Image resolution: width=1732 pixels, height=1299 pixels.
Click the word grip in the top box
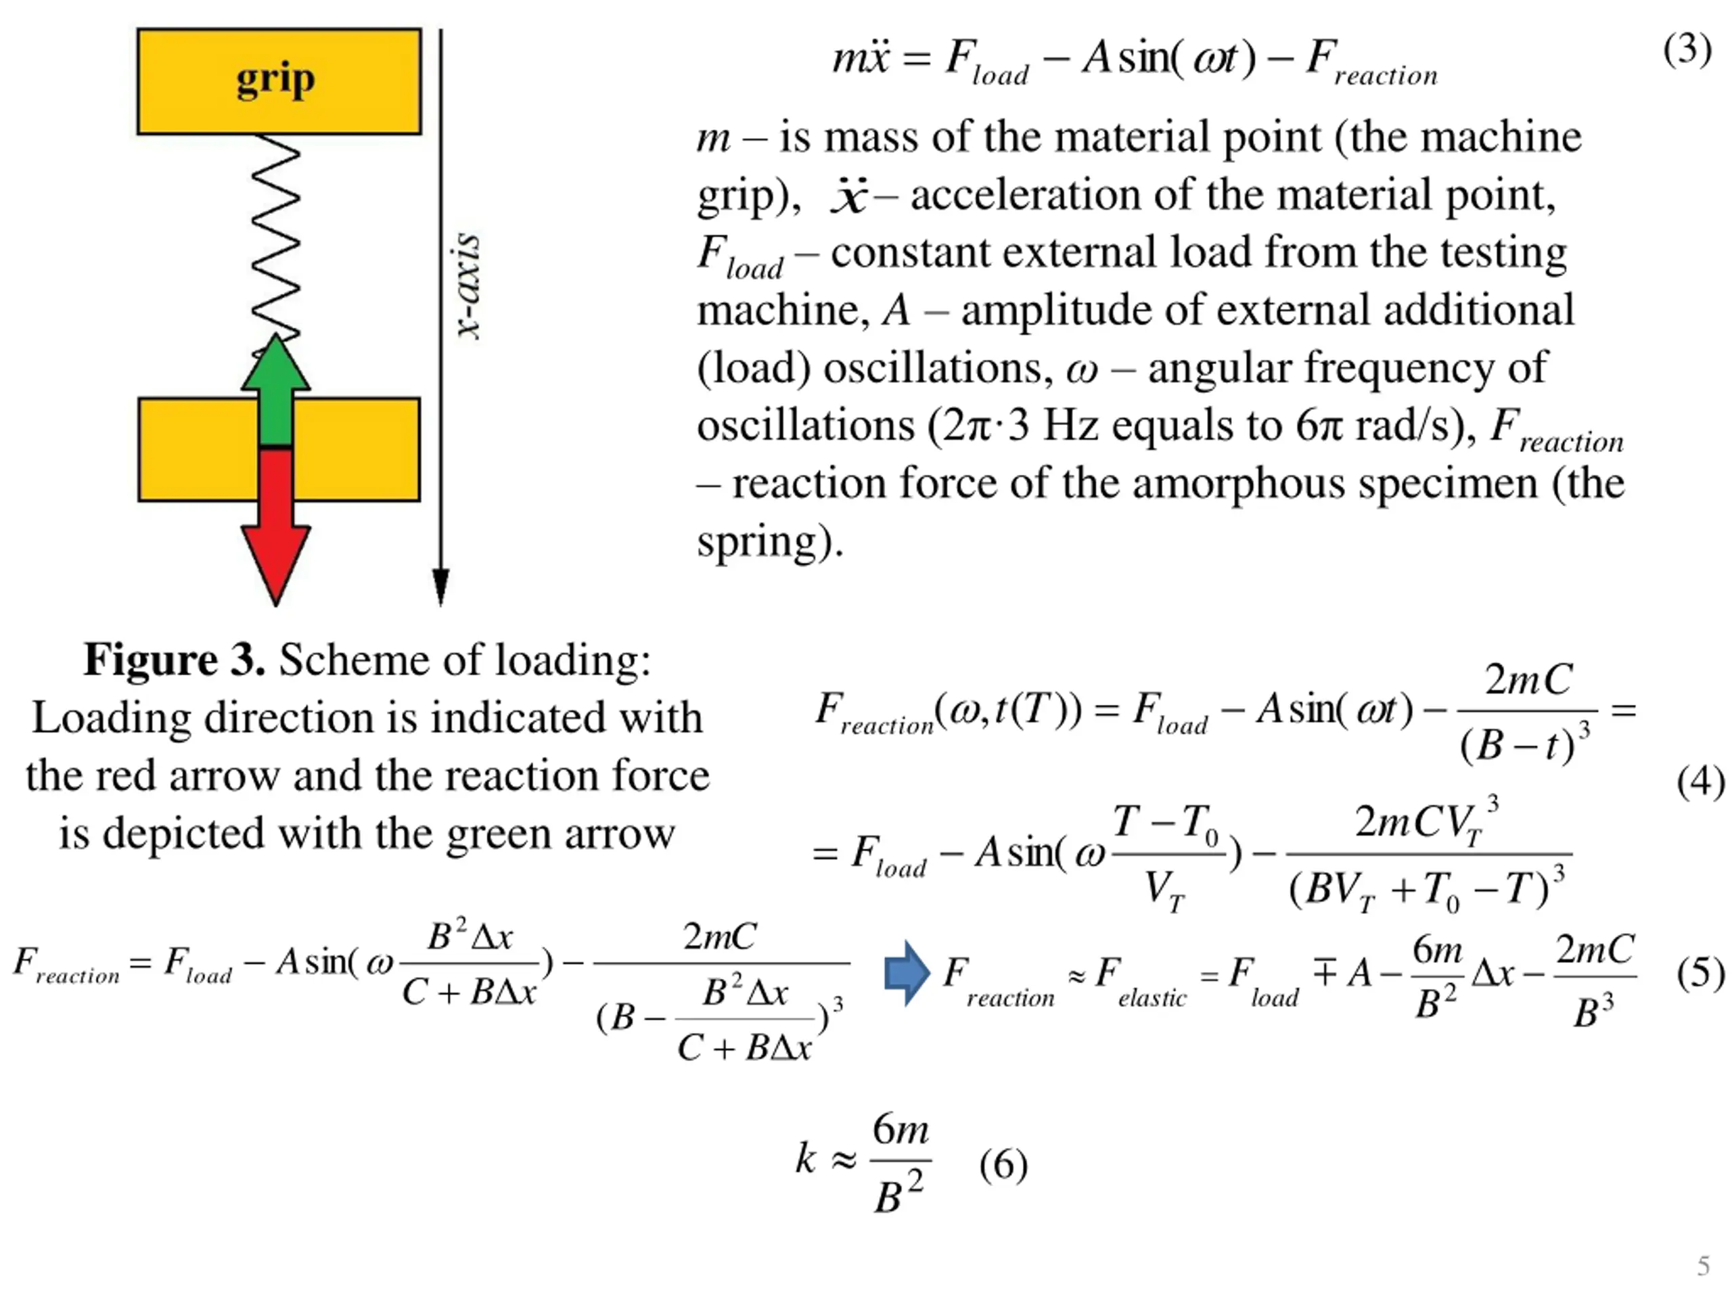(275, 79)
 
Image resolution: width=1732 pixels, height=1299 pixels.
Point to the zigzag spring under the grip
(275, 235)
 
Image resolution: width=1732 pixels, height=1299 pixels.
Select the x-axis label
(468, 285)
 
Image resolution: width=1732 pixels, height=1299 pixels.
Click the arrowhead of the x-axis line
(441, 587)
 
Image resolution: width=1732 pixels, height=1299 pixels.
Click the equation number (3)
(1687, 50)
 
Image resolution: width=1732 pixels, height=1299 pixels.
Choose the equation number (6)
(1003, 1164)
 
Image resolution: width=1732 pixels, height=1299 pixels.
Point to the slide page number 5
(1703, 1265)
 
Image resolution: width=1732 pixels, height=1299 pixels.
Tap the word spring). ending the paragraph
(770, 541)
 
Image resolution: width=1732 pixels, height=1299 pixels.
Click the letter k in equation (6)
(806, 1158)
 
